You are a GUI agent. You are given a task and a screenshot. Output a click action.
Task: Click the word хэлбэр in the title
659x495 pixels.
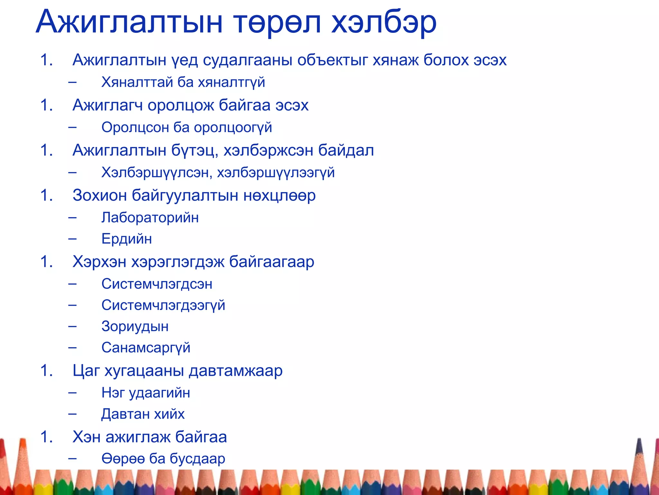pyautogui.click(x=384, y=23)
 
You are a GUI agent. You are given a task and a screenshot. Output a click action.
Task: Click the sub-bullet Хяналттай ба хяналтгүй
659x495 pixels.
pyautogui.click(x=183, y=82)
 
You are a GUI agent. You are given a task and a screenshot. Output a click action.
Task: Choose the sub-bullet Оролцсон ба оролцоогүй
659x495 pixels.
pyautogui.click(x=187, y=127)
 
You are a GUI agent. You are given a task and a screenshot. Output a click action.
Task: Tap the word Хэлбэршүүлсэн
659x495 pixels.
pyautogui.click(x=156, y=172)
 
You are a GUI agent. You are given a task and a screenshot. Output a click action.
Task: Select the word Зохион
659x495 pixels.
pyautogui.click(x=99, y=195)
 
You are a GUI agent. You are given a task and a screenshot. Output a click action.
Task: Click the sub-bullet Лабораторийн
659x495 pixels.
pyautogui.click(x=150, y=218)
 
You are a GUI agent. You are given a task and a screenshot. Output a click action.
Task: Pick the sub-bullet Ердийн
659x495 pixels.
pyautogui.click(x=126, y=239)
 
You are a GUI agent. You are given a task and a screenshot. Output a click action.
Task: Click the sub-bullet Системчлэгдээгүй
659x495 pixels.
pyautogui.click(x=163, y=305)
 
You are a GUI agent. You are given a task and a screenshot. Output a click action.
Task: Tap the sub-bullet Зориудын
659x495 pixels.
pyautogui.click(x=135, y=326)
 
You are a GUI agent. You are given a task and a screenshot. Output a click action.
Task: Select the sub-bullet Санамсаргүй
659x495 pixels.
pyautogui.click(x=146, y=348)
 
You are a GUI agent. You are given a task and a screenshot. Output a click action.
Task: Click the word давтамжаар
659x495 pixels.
pyautogui.click(x=236, y=371)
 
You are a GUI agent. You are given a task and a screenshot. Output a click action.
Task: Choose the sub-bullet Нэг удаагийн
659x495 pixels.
pyautogui.click(x=145, y=393)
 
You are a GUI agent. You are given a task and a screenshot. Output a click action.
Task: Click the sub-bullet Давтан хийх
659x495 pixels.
pyautogui.click(x=143, y=414)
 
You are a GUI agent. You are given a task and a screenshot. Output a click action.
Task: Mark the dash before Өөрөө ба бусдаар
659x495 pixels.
pyautogui.click(x=72, y=458)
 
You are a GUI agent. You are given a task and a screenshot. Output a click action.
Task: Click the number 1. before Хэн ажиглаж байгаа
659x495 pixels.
pyautogui.click(x=47, y=437)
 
